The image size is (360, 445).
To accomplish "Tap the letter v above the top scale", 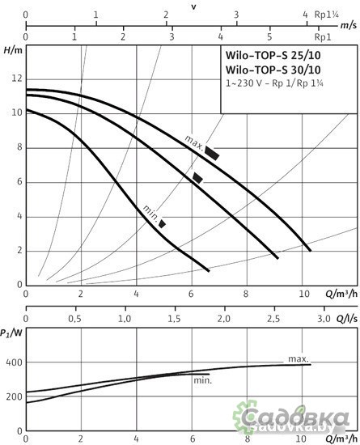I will click(x=193, y=6).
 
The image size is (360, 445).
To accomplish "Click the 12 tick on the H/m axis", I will click(x=16, y=78).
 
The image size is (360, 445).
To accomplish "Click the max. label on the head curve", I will click(x=193, y=141).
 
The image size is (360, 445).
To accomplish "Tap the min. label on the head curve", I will click(x=150, y=210).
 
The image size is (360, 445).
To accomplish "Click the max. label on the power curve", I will click(x=297, y=357).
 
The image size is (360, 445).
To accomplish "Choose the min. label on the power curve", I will click(x=202, y=379).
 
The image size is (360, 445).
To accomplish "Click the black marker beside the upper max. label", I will click(x=212, y=152).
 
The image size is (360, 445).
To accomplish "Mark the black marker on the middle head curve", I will click(x=197, y=178).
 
